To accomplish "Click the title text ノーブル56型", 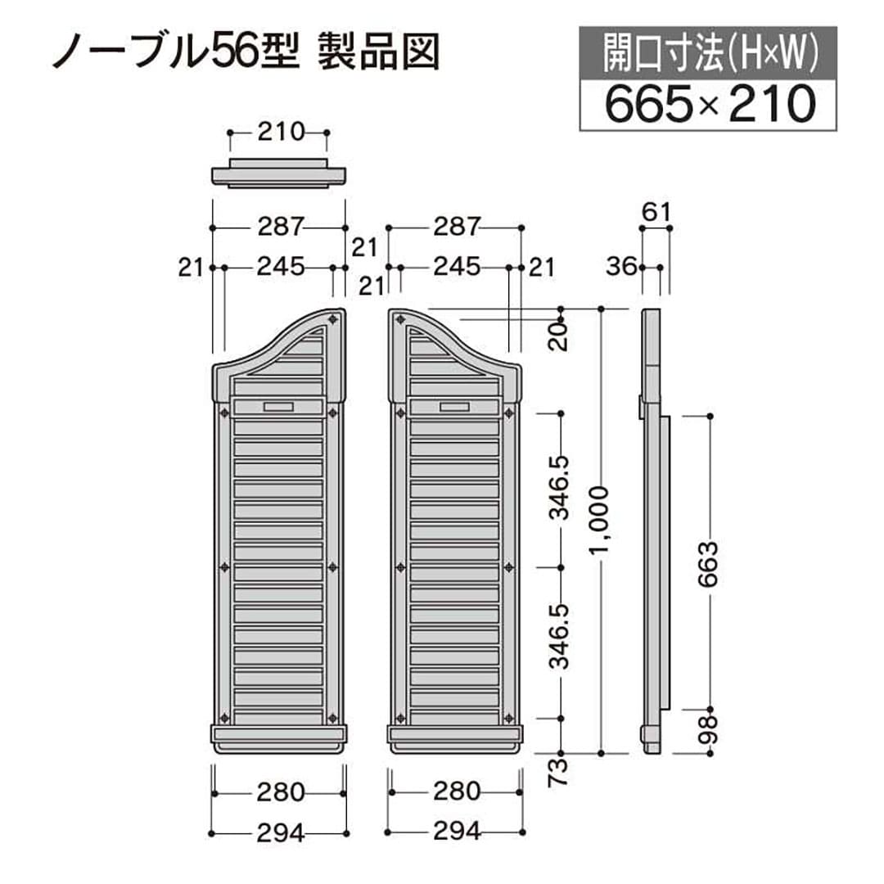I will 172,52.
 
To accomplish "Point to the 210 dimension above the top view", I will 280,132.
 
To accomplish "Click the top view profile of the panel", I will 278,175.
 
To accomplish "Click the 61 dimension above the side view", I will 655,212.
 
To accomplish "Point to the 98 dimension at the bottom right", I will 710,729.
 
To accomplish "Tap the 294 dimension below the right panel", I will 455,833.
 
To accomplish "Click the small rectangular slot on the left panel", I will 279,407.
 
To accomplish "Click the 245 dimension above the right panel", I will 455,267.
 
